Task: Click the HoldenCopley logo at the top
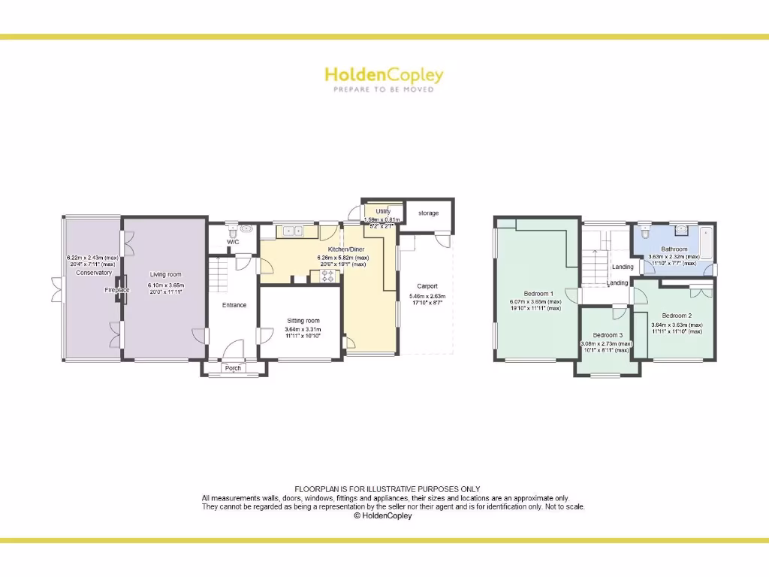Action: [384, 74]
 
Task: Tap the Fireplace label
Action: [117, 290]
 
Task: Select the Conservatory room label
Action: [94, 273]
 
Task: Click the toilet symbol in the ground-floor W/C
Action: [246, 228]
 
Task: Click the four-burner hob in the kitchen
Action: [327, 276]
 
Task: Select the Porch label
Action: [233, 368]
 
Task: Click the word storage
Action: [428, 213]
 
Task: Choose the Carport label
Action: [427, 286]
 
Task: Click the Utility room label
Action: [383, 212]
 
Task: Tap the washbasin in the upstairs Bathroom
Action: [682, 230]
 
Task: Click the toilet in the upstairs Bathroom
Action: [645, 231]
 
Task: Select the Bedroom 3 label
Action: [608, 335]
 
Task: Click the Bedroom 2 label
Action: [677, 316]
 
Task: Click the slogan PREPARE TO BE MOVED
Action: [384, 89]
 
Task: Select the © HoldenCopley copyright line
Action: [383, 516]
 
